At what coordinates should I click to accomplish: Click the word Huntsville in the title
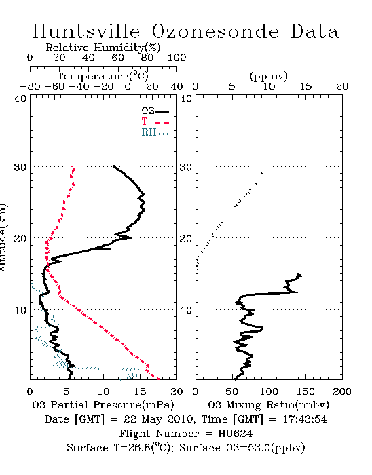point(86,31)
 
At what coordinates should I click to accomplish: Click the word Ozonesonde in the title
point(215,31)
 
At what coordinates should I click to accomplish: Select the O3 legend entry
point(155,111)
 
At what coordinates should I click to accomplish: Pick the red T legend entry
point(155,121)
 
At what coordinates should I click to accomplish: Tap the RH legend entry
point(155,132)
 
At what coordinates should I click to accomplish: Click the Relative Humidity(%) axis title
point(103,47)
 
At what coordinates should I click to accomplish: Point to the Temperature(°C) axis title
point(103,76)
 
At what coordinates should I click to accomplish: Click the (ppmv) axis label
point(269,76)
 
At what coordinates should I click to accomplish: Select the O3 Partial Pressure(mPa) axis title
point(103,405)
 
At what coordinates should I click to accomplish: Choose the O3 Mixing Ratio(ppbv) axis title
point(268,405)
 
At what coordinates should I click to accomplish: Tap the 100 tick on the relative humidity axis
point(176,58)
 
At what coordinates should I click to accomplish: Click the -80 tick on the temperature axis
point(31,86)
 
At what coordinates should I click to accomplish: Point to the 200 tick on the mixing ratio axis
point(342,392)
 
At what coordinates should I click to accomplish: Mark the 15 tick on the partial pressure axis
point(140,392)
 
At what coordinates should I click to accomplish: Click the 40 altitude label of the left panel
point(20,98)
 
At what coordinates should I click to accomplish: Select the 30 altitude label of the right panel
point(186,167)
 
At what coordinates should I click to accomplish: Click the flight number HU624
point(236,434)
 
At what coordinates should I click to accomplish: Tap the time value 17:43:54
point(305,419)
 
